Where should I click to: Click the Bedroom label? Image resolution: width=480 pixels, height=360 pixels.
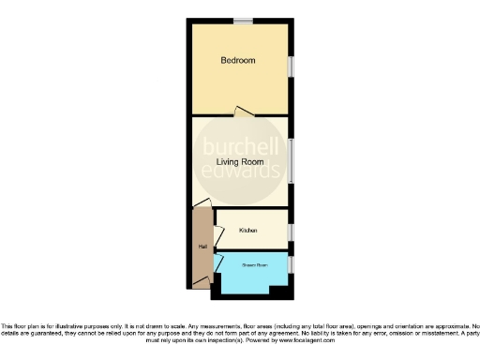[237, 61]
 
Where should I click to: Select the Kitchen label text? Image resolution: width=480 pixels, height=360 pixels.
[248, 230]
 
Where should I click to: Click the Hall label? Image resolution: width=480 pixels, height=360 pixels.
[202, 247]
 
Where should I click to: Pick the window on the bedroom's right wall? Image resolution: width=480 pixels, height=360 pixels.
[290, 70]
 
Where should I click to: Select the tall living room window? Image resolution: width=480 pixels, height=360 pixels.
[290, 161]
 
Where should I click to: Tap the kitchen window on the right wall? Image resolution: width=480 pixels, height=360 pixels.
[290, 232]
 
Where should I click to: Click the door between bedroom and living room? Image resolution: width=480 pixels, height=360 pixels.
[243, 112]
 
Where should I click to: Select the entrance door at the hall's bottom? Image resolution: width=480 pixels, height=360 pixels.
[201, 280]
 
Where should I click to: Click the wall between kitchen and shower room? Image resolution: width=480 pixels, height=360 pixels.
[251, 250]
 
